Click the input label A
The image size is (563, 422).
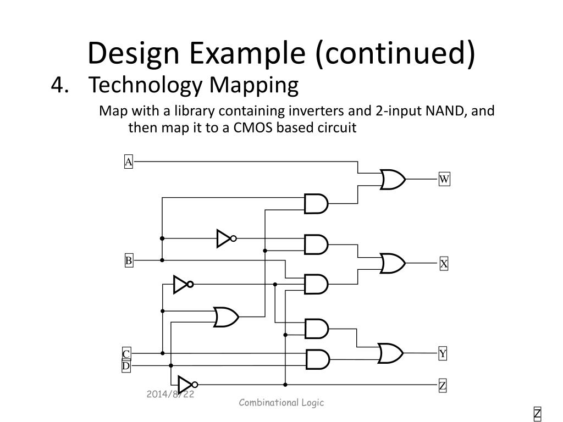[x=128, y=162]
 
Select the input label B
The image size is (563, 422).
[x=128, y=260]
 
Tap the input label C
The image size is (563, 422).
[x=126, y=354]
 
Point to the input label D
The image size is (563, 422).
[x=126, y=366]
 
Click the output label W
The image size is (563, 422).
[x=444, y=179]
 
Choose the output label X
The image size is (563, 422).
[x=444, y=264]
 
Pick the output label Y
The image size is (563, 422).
[x=443, y=353]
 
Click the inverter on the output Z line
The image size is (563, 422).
[x=186, y=385]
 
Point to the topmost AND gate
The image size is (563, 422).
[x=316, y=204]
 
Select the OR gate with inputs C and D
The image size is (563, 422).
[x=225, y=316]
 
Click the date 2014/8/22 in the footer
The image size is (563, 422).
[x=170, y=395]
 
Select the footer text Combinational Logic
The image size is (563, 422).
[x=281, y=403]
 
